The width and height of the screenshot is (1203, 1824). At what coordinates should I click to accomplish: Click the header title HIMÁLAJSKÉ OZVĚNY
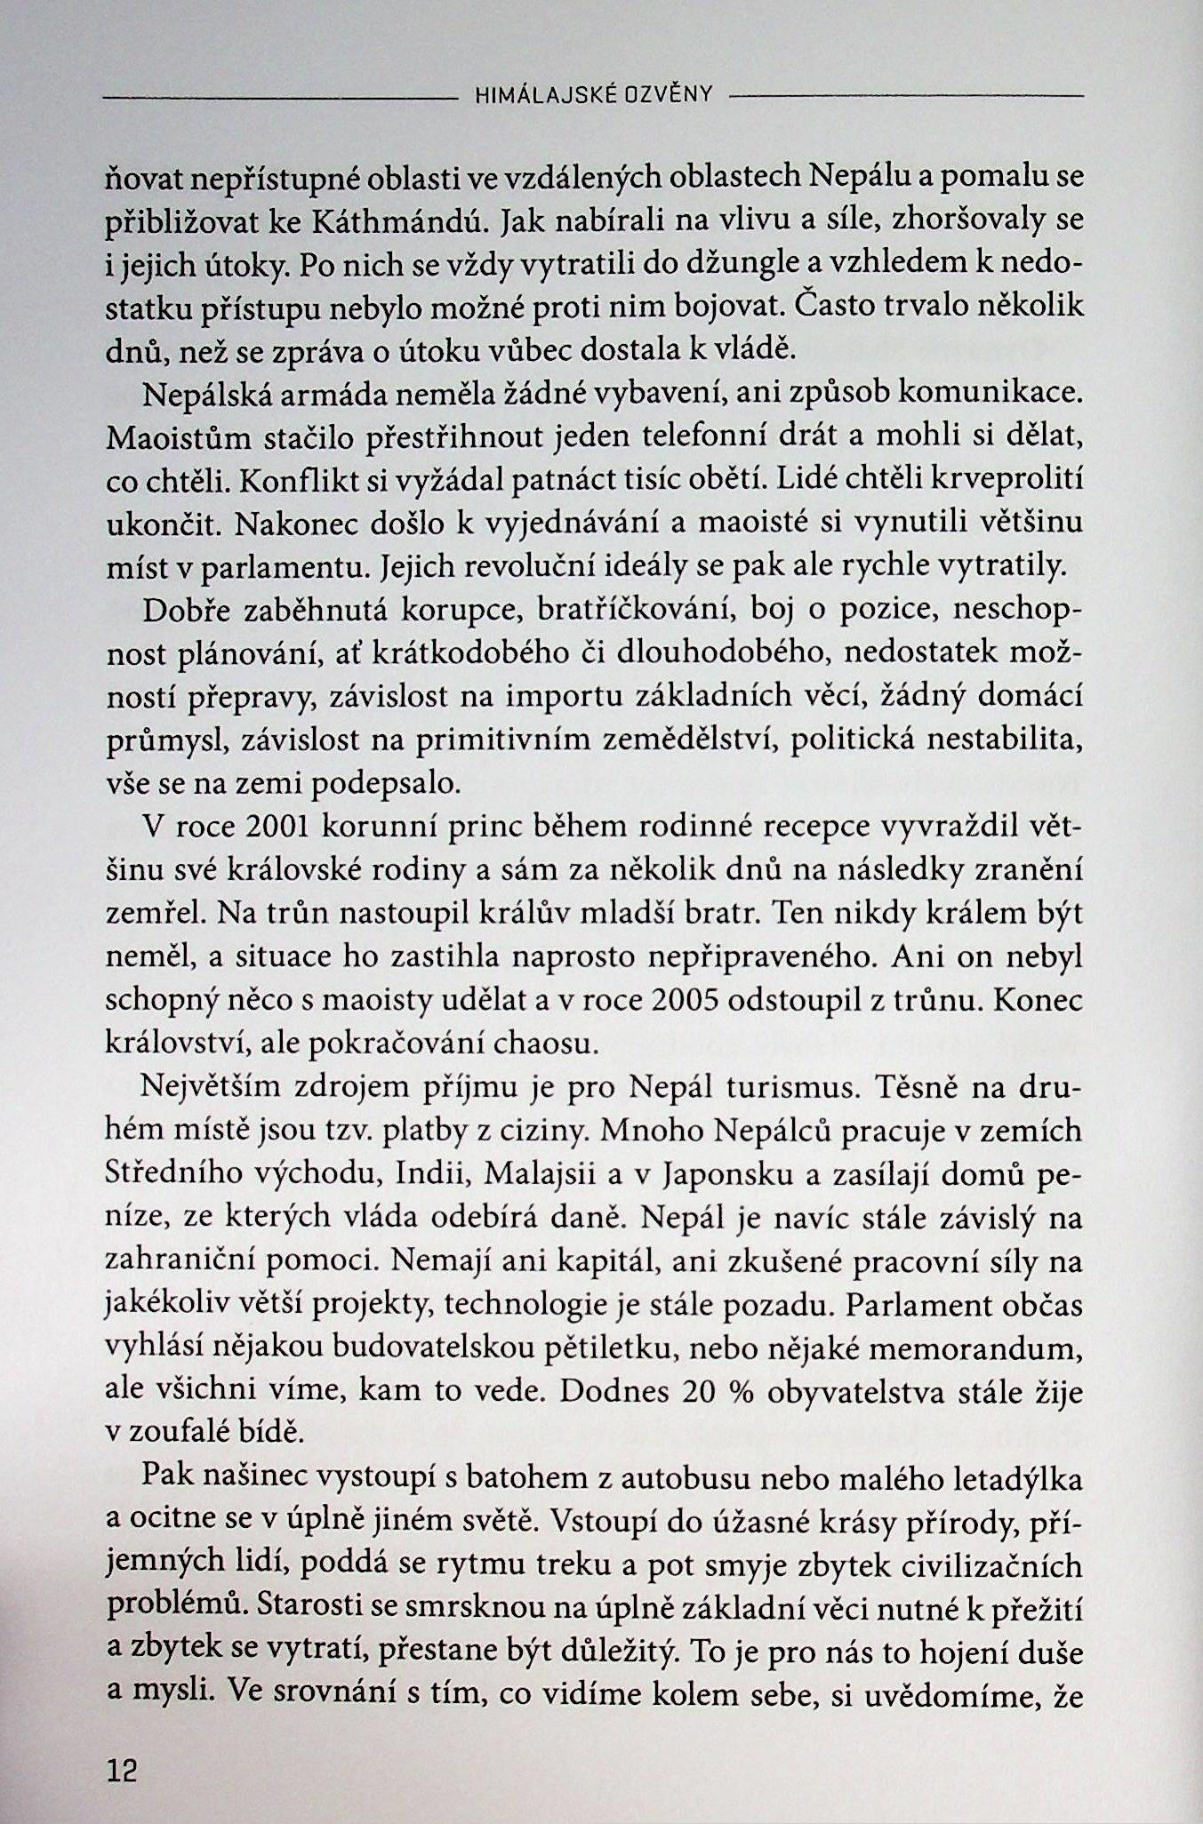[x=595, y=95]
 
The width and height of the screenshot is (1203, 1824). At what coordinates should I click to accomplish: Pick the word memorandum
[x=975, y=1348]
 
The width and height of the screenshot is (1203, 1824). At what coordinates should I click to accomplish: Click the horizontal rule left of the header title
[x=278, y=95]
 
